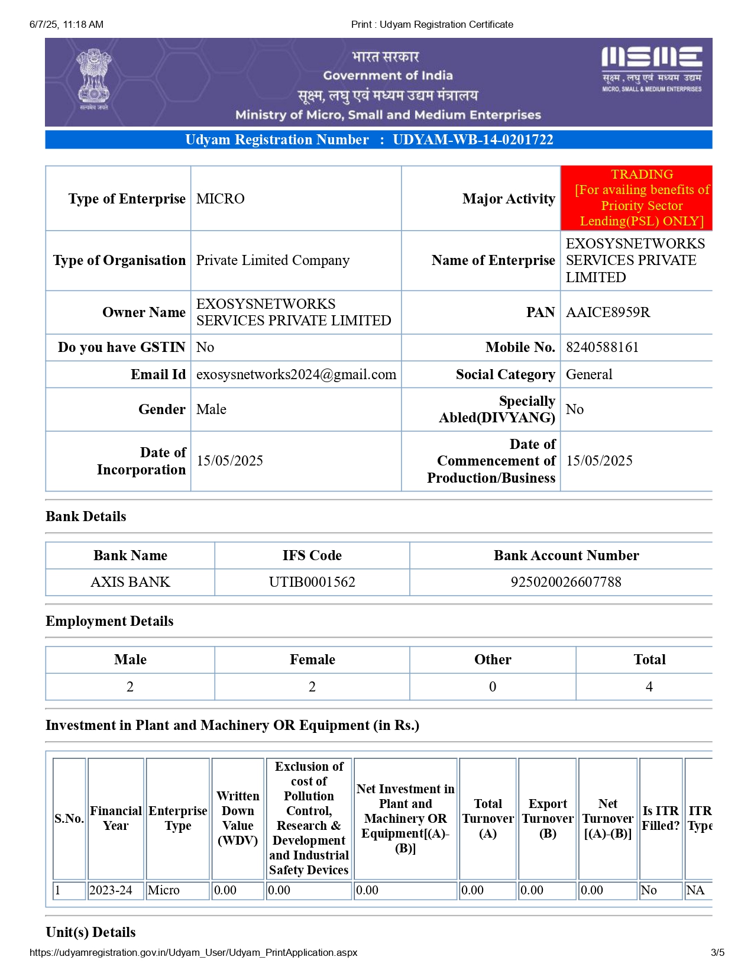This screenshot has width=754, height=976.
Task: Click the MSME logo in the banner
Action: [x=651, y=68]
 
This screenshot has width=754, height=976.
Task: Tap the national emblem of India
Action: [x=94, y=80]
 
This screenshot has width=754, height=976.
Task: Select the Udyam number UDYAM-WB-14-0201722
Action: [x=473, y=140]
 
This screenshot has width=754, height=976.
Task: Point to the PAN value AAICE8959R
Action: [x=607, y=312]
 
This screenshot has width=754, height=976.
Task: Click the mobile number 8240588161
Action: [x=602, y=347]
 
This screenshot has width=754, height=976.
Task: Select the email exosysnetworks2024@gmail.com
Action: [x=296, y=374]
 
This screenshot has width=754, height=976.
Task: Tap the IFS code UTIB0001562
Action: [x=312, y=582]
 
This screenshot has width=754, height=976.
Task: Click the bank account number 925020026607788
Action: [x=565, y=582]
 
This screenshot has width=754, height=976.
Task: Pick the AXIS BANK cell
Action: [x=130, y=582]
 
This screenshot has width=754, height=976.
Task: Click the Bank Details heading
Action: [x=86, y=516]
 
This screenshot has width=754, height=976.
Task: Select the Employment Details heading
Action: [x=109, y=621]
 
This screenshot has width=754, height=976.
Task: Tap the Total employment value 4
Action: [x=649, y=687]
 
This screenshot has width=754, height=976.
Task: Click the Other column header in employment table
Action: [x=492, y=660]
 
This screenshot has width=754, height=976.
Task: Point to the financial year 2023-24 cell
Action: [x=111, y=890]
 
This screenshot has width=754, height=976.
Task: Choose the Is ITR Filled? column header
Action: [x=661, y=818]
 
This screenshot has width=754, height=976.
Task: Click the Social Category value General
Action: [x=588, y=374]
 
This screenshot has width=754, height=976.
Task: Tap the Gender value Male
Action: [x=211, y=409]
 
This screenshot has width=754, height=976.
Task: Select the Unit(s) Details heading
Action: [x=90, y=932]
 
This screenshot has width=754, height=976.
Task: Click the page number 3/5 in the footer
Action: [x=717, y=952]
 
